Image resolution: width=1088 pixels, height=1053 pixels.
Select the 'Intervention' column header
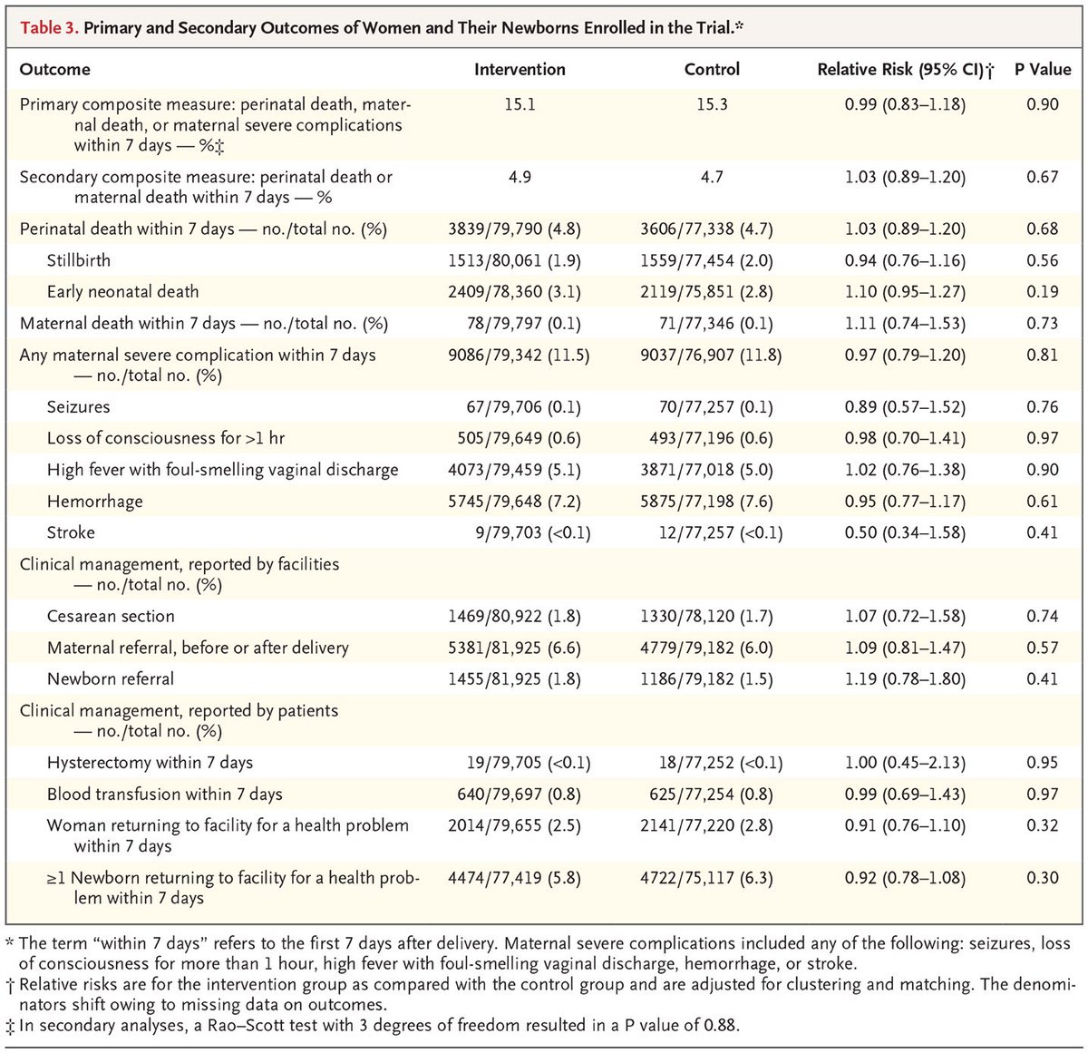click(x=520, y=70)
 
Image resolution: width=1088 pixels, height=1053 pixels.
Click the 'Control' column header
click(x=712, y=70)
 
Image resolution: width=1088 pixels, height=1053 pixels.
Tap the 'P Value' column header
click(x=1043, y=70)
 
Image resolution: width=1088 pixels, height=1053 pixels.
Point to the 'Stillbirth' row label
click(x=79, y=260)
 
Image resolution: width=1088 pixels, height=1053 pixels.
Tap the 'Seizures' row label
click(x=79, y=407)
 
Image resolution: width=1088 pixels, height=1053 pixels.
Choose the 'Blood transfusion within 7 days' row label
click(x=165, y=795)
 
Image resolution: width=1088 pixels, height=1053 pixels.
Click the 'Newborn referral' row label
click(x=111, y=679)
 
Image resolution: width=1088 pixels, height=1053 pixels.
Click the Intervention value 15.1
click(x=520, y=104)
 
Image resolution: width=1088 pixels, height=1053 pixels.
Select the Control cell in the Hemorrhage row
click(x=706, y=502)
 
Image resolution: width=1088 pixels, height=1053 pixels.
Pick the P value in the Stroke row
click(x=1043, y=532)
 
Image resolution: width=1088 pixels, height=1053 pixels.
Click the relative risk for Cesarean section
click(x=905, y=617)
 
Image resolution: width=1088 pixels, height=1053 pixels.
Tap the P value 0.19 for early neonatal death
click(x=1043, y=292)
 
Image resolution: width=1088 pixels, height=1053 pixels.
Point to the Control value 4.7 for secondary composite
click(x=712, y=177)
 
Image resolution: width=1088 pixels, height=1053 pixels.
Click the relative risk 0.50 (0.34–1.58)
click(x=905, y=532)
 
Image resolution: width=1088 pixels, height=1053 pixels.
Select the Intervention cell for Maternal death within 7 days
click(x=514, y=324)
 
